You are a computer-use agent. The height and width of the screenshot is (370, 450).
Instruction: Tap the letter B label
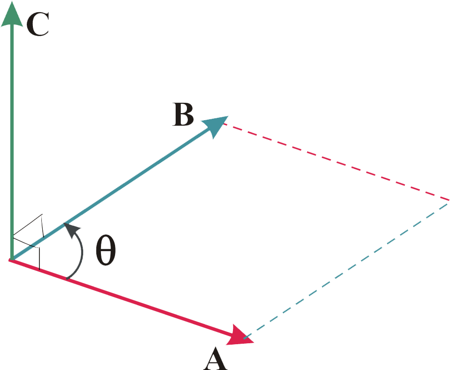pyautogui.click(x=183, y=115)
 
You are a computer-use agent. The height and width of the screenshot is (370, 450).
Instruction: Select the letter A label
pyautogui.click(x=215, y=359)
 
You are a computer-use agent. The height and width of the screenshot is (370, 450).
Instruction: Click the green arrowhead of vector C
pyautogui.click(x=12, y=14)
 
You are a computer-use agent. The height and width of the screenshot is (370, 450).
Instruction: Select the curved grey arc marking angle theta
pyautogui.click(x=81, y=254)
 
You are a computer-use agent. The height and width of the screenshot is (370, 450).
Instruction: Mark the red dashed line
pyautogui.click(x=336, y=162)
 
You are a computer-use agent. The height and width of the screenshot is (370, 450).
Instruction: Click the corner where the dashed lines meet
pyautogui.click(x=449, y=200)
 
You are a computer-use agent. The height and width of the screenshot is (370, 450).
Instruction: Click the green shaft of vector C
pyautogui.click(x=12, y=141)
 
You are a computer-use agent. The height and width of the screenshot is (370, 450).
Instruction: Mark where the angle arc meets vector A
pyautogui.click(x=67, y=279)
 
